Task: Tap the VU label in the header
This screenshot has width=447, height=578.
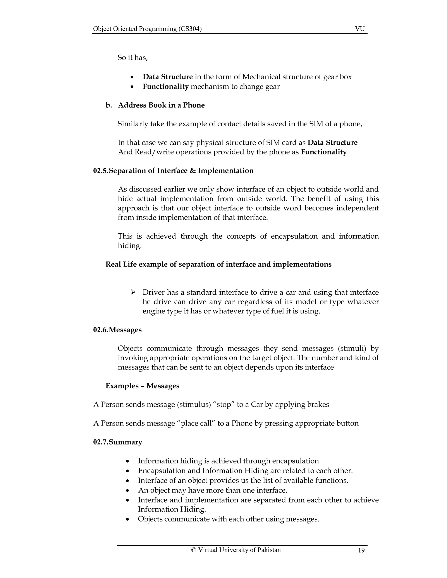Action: [360, 29]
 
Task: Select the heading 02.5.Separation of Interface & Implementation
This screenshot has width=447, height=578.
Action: [173, 171]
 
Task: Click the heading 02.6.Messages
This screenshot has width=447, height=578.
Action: [117, 330]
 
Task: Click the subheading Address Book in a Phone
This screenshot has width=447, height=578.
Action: [161, 105]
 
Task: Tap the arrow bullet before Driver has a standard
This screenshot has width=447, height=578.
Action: [133, 292]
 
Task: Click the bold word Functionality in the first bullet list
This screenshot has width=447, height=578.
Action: [165, 87]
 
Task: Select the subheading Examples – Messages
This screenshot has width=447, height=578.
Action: [142, 386]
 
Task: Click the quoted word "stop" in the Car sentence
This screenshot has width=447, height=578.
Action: [223, 405]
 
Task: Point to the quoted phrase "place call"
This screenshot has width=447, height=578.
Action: [196, 423]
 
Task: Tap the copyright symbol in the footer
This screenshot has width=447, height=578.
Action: [194, 550]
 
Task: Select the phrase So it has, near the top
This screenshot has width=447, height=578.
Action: [132, 58]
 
